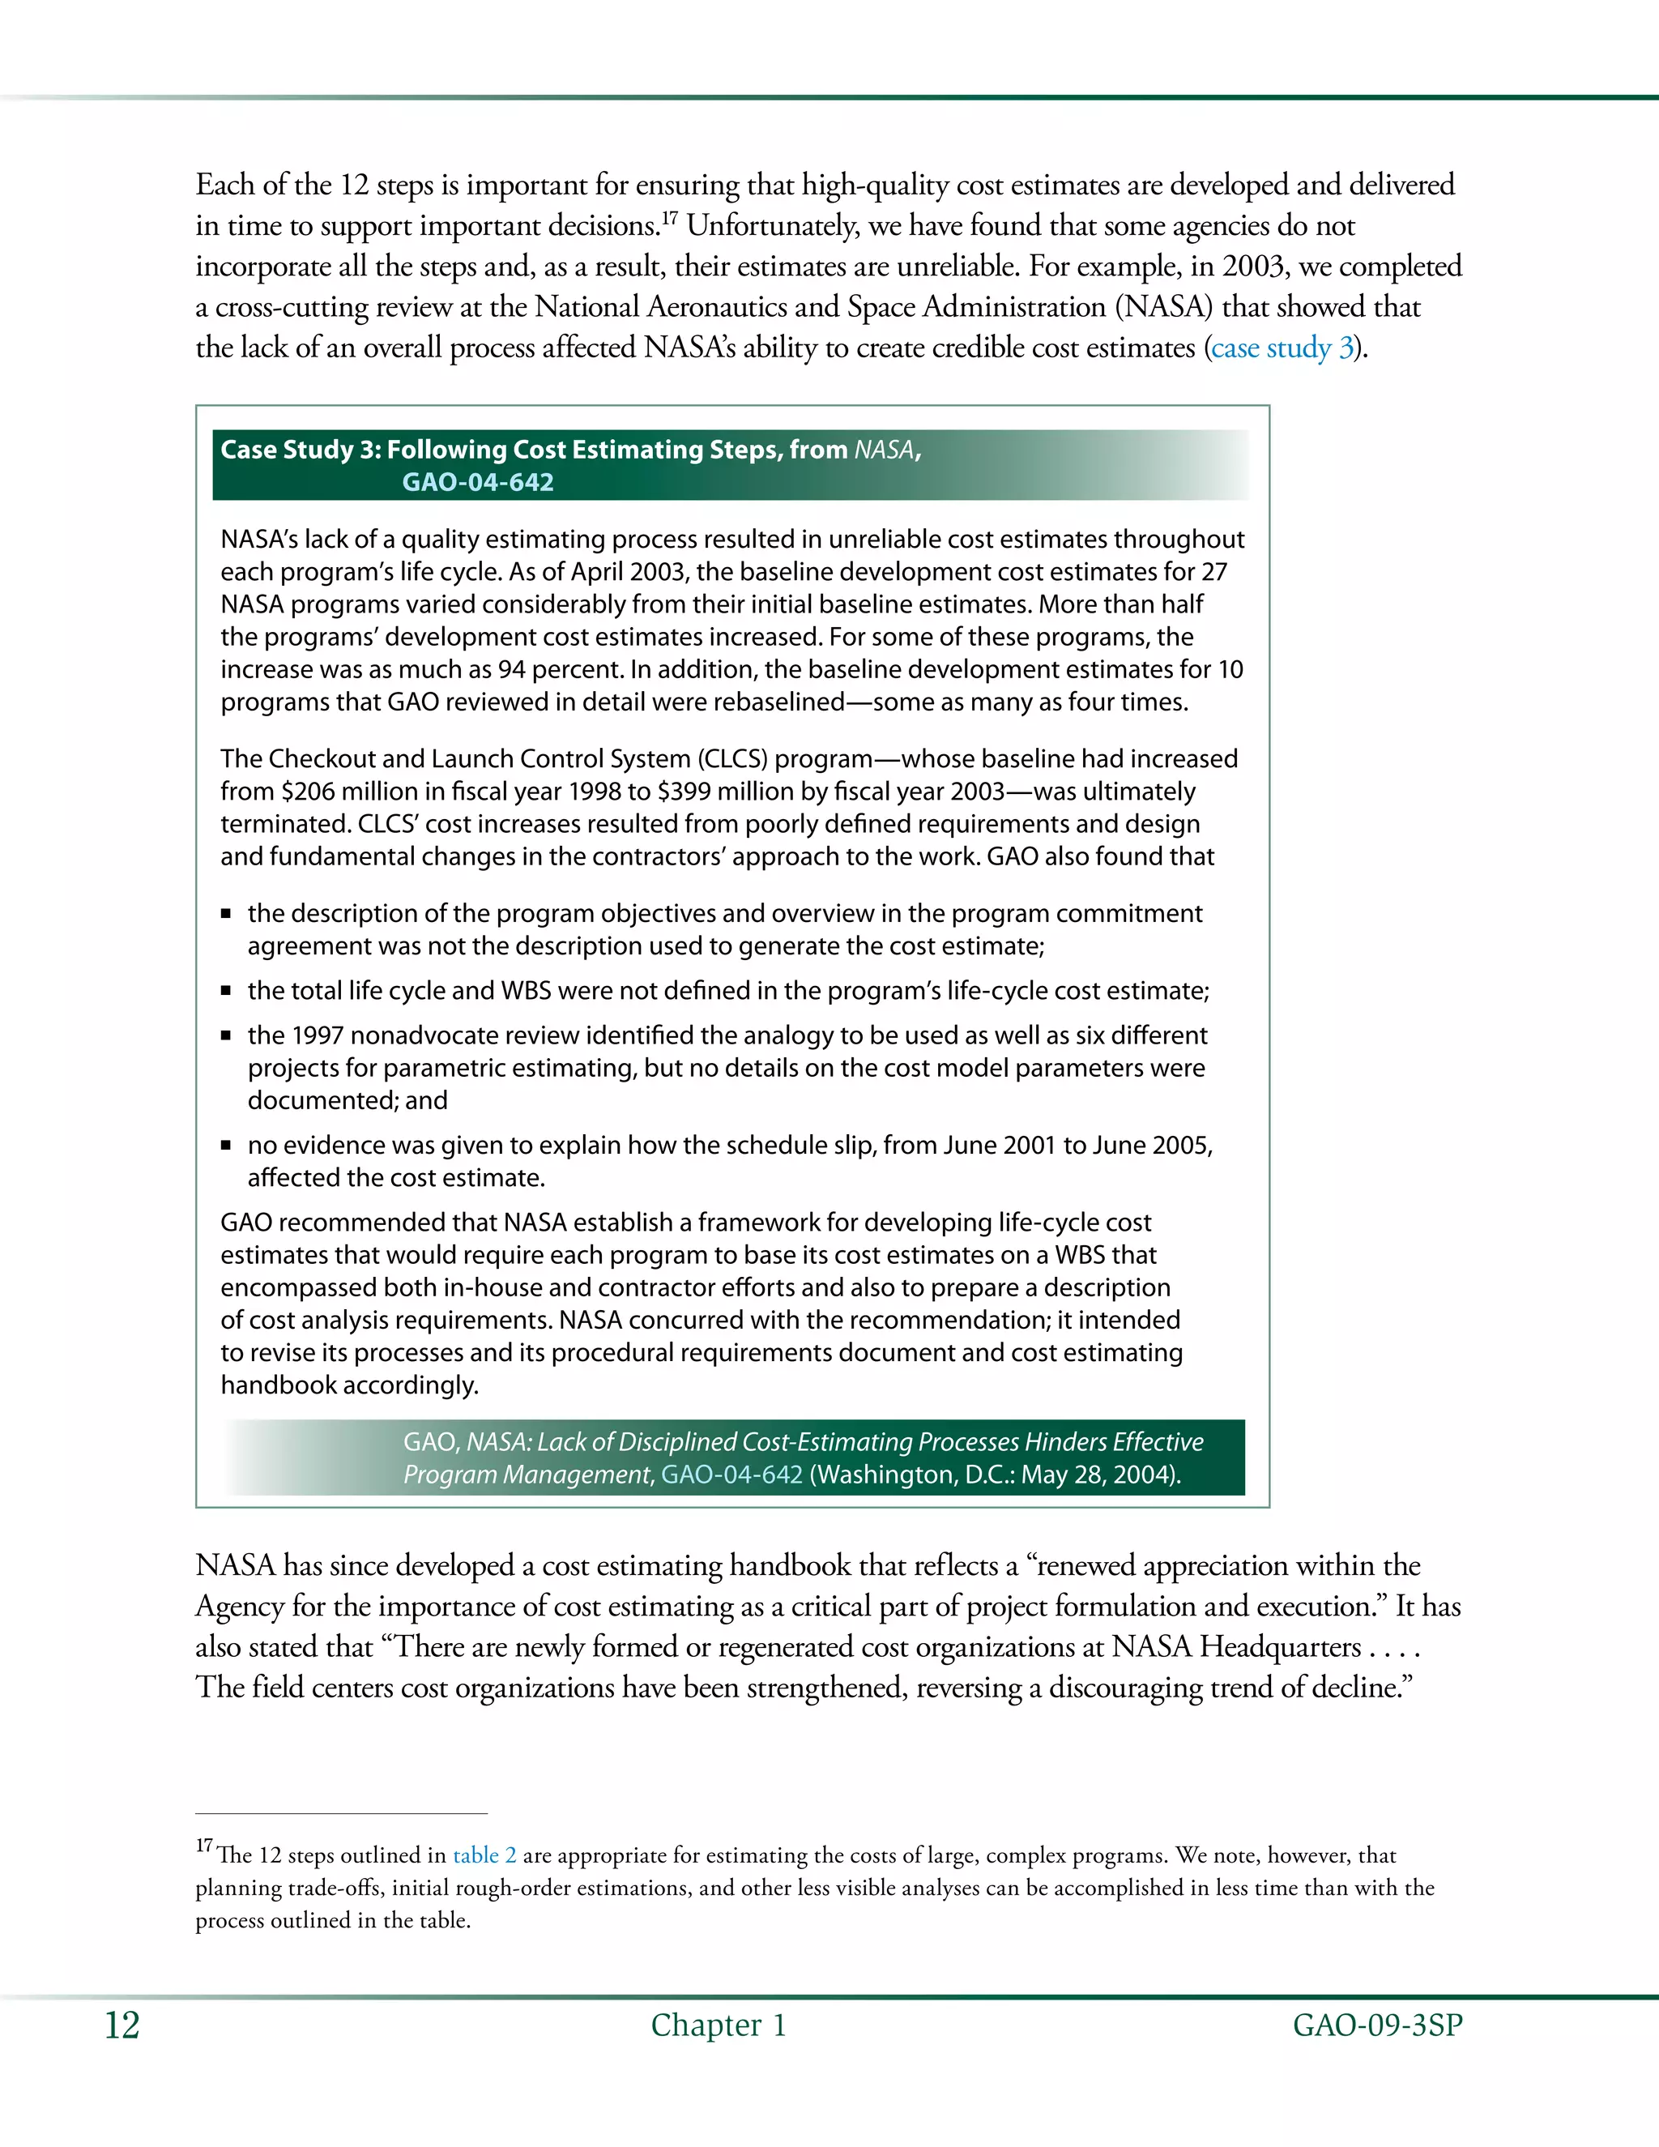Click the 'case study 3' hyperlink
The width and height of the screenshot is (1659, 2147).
tap(1282, 348)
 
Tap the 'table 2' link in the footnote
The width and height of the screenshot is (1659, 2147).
tap(484, 1855)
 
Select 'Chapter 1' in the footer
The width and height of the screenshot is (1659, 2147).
tap(719, 2025)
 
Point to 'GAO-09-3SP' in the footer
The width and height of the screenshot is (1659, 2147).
tap(1377, 2025)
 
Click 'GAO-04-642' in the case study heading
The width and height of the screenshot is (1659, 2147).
tap(478, 483)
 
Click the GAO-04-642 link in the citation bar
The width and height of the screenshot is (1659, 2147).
tap(731, 1475)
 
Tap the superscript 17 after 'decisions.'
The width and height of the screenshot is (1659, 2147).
tap(668, 217)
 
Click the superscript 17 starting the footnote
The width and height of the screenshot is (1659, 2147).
tap(203, 1846)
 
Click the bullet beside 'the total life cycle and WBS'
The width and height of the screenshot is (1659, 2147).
tap(226, 991)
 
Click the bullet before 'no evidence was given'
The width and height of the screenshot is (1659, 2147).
tap(226, 1146)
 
